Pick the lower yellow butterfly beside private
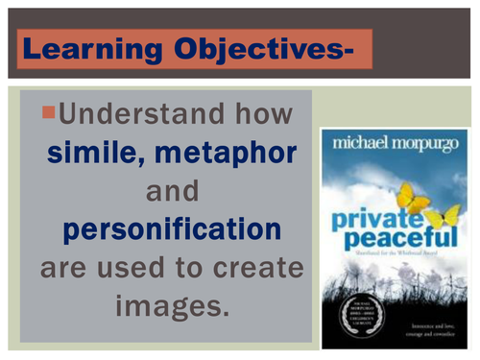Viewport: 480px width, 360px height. pos(444,219)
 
